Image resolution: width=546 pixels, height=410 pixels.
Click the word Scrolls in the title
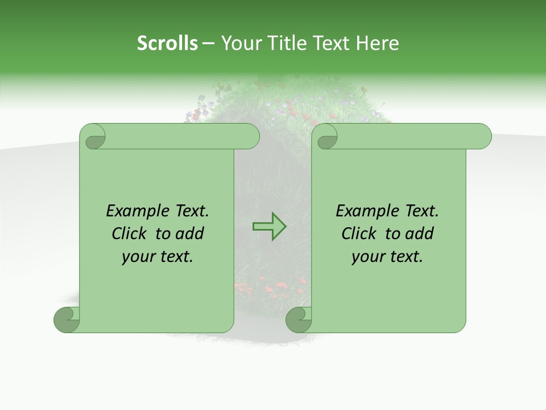pyautogui.click(x=167, y=43)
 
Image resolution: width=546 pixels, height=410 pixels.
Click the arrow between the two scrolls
pyautogui.click(x=269, y=227)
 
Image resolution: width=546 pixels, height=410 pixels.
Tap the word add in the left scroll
pyautogui.click(x=190, y=233)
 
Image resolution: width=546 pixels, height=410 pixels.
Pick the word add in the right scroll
pyautogui.click(x=420, y=233)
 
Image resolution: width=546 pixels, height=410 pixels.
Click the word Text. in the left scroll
pyautogui.click(x=189, y=211)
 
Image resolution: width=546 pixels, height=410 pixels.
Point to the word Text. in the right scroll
pyautogui.click(x=419, y=211)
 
